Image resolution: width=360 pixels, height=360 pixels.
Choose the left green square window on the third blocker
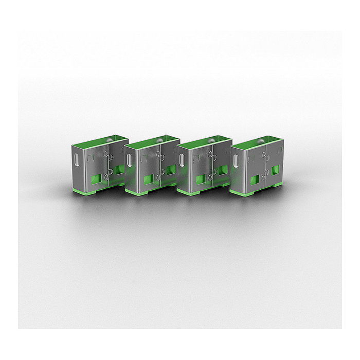(200, 178)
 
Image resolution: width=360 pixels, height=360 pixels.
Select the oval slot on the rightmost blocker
(237, 160)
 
